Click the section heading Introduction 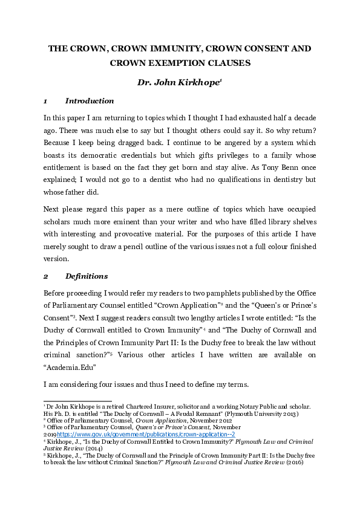pyautogui.click(x=89, y=101)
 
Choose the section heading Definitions pyautogui.click(x=86, y=276)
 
